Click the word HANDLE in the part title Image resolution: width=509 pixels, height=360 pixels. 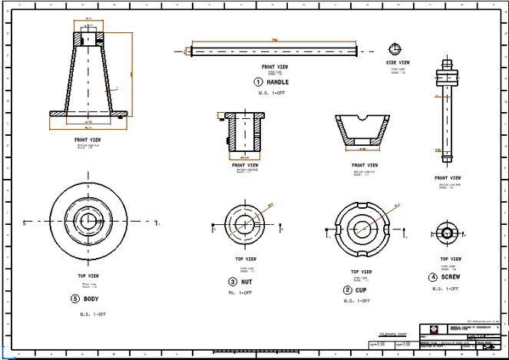(x=278, y=81)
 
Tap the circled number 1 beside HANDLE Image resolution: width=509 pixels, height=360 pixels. (x=258, y=81)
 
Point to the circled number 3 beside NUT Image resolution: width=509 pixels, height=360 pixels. (x=233, y=282)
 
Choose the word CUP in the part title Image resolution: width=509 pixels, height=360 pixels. (x=361, y=290)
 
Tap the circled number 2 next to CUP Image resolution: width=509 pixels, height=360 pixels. (x=347, y=290)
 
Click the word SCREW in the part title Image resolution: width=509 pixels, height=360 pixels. (x=451, y=277)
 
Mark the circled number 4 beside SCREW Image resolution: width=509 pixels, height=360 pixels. (x=432, y=277)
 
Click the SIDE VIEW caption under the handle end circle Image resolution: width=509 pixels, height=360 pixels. (x=398, y=63)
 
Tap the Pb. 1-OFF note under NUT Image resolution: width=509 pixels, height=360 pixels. (x=242, y=293)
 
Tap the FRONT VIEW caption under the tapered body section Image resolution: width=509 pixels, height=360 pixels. (x=87, y=140)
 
